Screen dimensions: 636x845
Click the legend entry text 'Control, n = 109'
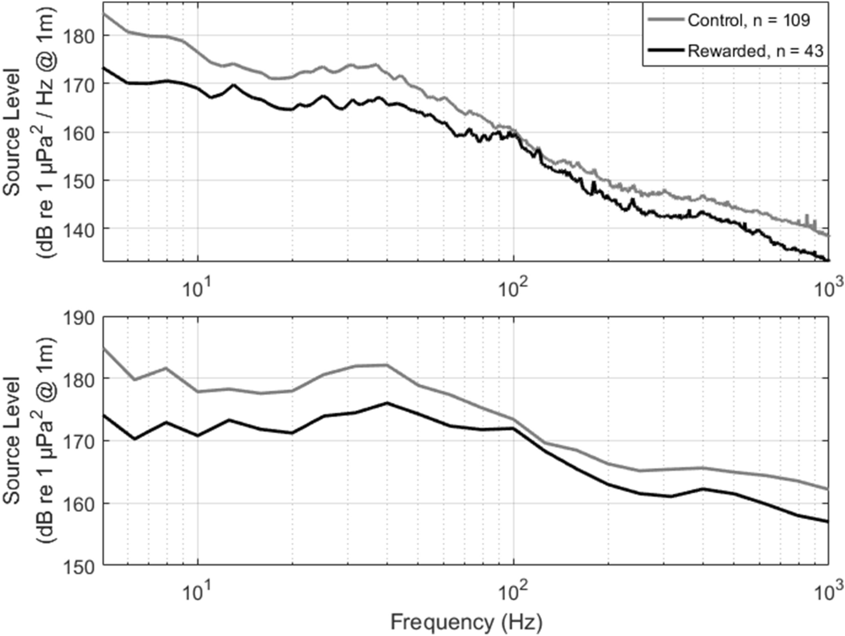click(748, 20)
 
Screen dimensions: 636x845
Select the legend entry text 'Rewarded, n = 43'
click(755, 51)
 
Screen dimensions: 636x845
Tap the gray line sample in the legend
click(665, 20)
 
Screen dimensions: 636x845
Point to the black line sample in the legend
click(665, 51)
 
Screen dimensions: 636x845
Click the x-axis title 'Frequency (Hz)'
click(466, 622)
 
